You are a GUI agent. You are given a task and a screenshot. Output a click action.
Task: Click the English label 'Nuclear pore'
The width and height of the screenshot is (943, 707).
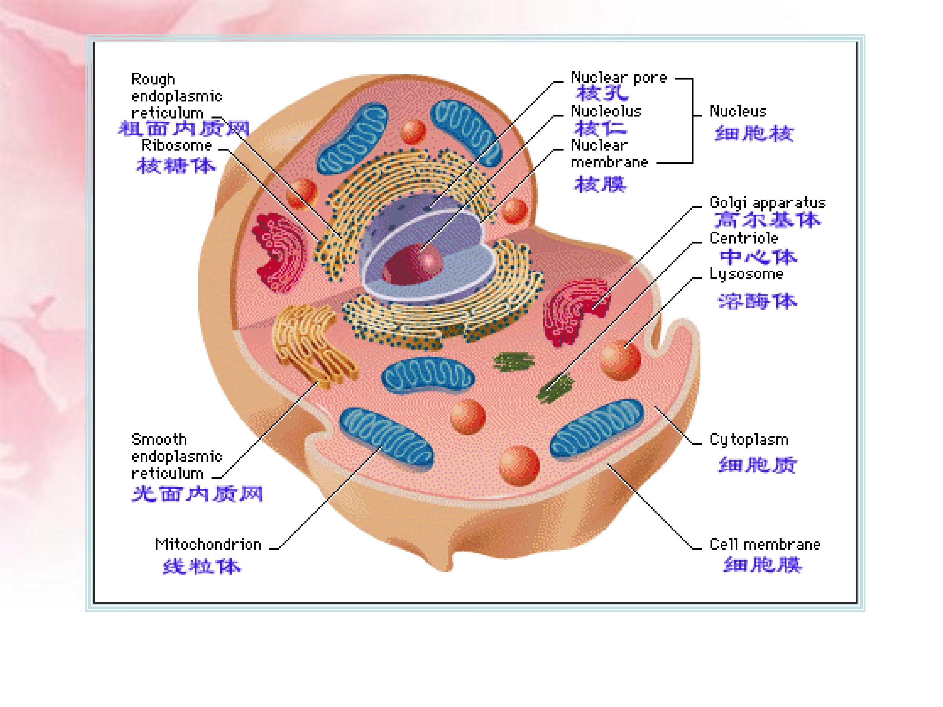pyautogui.click(x=618, y=78)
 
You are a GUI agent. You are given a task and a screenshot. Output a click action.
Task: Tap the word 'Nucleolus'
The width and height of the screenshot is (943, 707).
pyautogui.click(x=606, y=112)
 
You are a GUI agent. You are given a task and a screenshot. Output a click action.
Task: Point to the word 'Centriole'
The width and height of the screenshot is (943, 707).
pyautogui.click(x=744, y=238)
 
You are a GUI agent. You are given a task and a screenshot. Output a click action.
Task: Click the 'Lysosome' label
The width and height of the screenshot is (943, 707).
pyautogui.click(x=746, y=274)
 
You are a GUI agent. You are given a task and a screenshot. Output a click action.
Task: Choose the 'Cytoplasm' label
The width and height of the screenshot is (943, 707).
pyautogui.click(x=749, y=440)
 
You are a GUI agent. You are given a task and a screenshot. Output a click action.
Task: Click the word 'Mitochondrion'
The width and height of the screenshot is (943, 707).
pyautogui.click(x=208, y=545)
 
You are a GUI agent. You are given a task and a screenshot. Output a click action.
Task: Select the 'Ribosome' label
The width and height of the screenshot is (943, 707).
pyautogui.click(x=176, y=146)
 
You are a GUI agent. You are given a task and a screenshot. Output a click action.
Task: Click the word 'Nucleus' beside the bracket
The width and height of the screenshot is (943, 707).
pyautogui.click(x=737, y=112)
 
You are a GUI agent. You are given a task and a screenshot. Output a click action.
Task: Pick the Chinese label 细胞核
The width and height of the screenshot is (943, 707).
pyautogui.click(x=754, y=134)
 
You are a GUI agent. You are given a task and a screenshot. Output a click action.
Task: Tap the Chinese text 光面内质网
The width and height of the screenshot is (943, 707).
pyautogui.click(x=197, y=494)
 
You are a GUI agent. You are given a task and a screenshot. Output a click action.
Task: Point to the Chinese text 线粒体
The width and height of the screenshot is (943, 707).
pyautogui.click(x=202, y=567)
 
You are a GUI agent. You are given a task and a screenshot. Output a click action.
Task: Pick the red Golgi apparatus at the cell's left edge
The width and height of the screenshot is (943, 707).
pyautogui.click(x=279, y=251)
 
